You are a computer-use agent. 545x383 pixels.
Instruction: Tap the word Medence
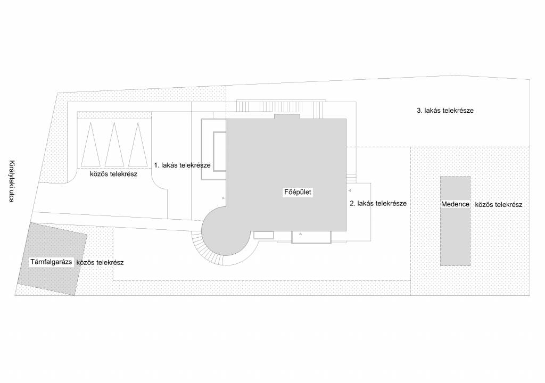pos(455,204)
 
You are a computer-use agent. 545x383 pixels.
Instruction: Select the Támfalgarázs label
pos(51,262)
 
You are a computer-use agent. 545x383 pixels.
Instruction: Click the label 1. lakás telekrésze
pos(181,165)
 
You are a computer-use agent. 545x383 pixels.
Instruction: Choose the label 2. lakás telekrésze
pos(378,203)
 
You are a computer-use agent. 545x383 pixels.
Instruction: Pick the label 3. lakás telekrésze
pos(445,111)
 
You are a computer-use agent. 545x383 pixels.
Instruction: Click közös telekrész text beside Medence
pos(498,204)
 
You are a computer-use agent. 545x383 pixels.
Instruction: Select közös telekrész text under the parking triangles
pos(113,174)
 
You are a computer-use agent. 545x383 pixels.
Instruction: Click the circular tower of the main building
pos(224,232)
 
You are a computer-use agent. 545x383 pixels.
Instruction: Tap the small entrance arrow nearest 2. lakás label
pos(350,190)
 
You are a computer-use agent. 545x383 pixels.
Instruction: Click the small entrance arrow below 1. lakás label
pos(224,198)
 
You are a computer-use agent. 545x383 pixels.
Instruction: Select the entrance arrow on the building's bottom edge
pos(300,234)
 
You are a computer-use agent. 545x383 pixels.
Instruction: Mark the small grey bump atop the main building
pos(287,116)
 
